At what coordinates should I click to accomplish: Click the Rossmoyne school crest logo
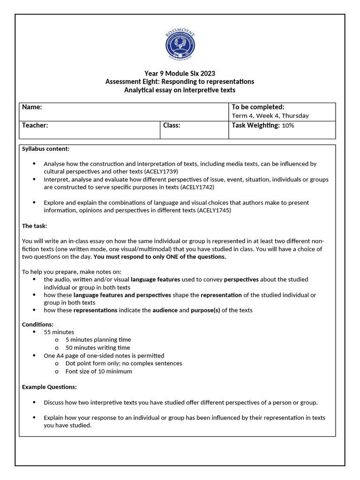click(x=180, y=45)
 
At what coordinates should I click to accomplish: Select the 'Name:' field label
click(x=32, y=107)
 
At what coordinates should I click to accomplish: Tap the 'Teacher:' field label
click(x=35, y=125)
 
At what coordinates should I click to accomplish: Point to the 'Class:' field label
click(x=172, y=125)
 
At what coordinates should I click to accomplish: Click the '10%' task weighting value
click(x=288, y=126)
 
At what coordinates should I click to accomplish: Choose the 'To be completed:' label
click(x=258, y=107)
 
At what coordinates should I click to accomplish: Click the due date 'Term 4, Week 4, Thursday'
click(x=270, y=116)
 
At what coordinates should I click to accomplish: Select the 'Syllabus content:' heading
click(x=46, y=149)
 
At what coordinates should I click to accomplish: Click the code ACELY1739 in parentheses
click(x=161, y=172)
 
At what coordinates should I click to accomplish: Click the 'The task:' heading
click(x=35, y=226)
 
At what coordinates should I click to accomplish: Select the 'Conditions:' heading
click(x=37, y=324)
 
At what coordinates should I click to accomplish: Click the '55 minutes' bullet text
click(x=59, y=332)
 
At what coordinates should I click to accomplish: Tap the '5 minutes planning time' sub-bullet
click(x=98, y=340)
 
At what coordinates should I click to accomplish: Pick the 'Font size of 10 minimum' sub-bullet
click(x=98, y=372)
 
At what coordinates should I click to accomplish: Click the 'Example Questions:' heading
click(x=49, y=387)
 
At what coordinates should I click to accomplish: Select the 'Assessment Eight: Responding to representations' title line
click(x=180, y=82)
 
